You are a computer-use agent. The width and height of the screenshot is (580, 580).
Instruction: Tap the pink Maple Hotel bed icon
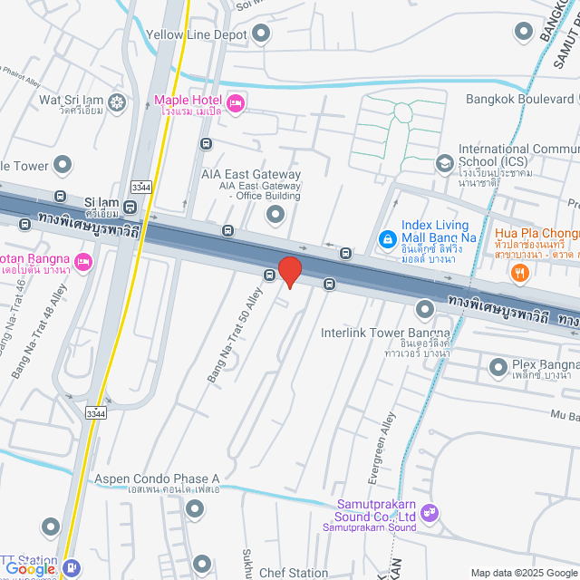click(x=236, y=104)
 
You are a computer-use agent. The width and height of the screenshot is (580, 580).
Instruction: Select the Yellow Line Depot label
click(x=198, y=35)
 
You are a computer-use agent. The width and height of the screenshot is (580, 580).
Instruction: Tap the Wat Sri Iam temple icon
click(x=116, y=100)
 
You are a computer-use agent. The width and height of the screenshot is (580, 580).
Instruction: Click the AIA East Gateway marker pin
click(x=275, y=215)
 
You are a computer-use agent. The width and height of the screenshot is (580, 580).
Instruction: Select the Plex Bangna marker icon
click(x=498, y=367)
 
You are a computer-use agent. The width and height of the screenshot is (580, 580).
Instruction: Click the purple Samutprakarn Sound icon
click(x=430, y=513)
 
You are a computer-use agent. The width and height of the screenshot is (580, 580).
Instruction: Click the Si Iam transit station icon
click(x=130, y=206)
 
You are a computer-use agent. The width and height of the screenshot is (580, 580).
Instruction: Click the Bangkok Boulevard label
click(x=520, y=98)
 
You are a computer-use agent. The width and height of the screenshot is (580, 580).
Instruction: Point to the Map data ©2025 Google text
click(x=524, y=573)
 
